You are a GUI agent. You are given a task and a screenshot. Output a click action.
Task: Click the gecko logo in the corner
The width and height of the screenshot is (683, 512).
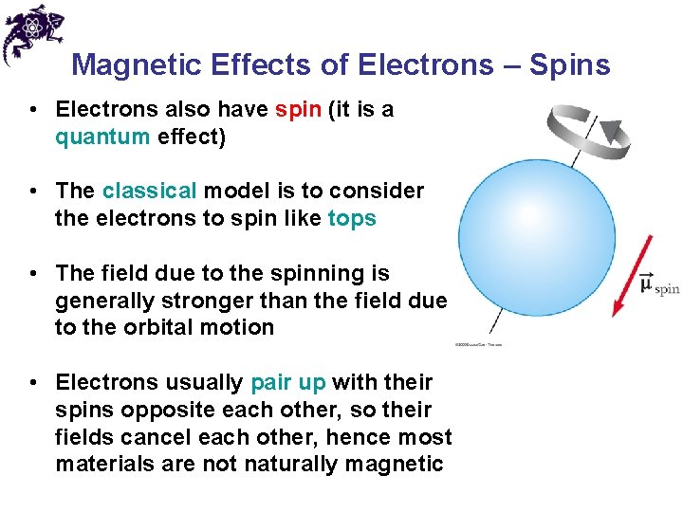(x=32, y=34)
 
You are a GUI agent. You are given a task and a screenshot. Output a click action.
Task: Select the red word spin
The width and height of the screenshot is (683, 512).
(x=298, y=110)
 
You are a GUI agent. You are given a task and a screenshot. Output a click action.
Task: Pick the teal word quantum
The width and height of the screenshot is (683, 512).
(x=102, y=137)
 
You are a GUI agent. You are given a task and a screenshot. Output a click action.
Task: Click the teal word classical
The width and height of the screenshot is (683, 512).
(x=149, y=191)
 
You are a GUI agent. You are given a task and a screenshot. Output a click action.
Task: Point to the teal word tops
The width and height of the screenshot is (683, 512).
(x=352, y=218)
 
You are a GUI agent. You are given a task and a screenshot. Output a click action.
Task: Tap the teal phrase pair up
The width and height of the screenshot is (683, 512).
(x=288, y=383)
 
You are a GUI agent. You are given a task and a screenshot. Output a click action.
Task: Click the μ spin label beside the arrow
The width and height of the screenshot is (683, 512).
(x=658, y=285)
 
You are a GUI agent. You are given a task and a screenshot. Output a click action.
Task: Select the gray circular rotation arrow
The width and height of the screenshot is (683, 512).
(x=589, y=134)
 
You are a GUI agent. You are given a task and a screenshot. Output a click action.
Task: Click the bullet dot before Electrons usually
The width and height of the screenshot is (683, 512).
(x=33, y=383)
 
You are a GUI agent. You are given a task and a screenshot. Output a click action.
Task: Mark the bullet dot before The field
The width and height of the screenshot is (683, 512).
(x=33, y=274)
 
